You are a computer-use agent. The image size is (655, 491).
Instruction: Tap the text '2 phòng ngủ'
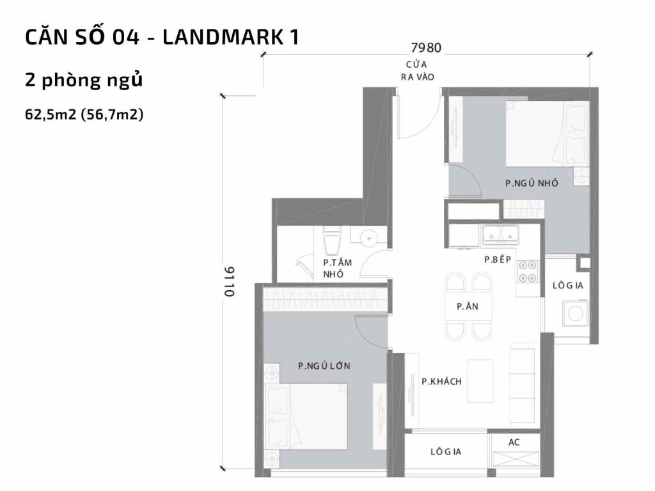[x=83, y=81]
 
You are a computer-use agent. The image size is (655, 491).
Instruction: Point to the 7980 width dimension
[x=427, y=48]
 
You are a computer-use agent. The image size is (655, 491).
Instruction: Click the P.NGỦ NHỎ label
[x=532, y=183]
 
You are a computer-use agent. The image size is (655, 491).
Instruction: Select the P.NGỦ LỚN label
[x=324, y=366]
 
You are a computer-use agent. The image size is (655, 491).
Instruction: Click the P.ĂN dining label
[x=468, y=307]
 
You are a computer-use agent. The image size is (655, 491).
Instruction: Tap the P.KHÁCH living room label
[x=441, y=382]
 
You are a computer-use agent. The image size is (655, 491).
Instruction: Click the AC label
[x=514, y=442]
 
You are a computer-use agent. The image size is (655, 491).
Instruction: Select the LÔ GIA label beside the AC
[x=446, y=452]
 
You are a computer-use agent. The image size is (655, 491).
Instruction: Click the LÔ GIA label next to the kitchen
[x=567, y=285]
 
